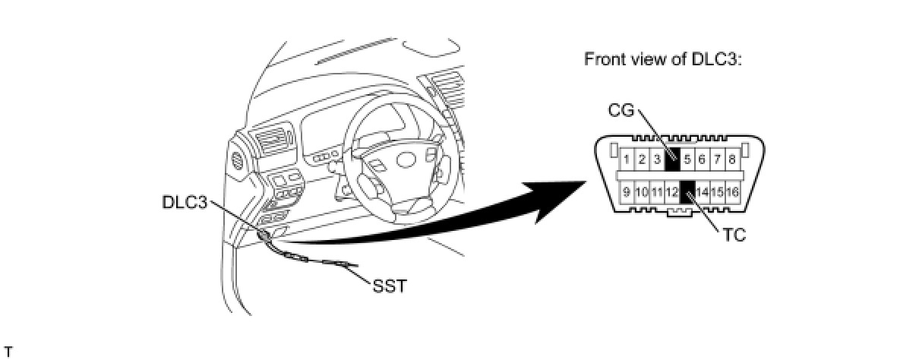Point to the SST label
tap(389, 287)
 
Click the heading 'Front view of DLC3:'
tap(662, 59)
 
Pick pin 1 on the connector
tap(626, 159)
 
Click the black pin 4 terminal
tap(671, 159)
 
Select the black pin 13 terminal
tap(687, 191)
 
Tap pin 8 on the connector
tap(732, 159)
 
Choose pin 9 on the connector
tap(627, 191)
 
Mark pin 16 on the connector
tap(732, 191)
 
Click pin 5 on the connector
tap(687, 159)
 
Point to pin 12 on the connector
tap(672, 191)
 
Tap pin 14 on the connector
tap(703, 191)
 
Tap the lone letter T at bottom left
tap(8, 351)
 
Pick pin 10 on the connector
tap(642, 191)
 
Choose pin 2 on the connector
tap(641, 159)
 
